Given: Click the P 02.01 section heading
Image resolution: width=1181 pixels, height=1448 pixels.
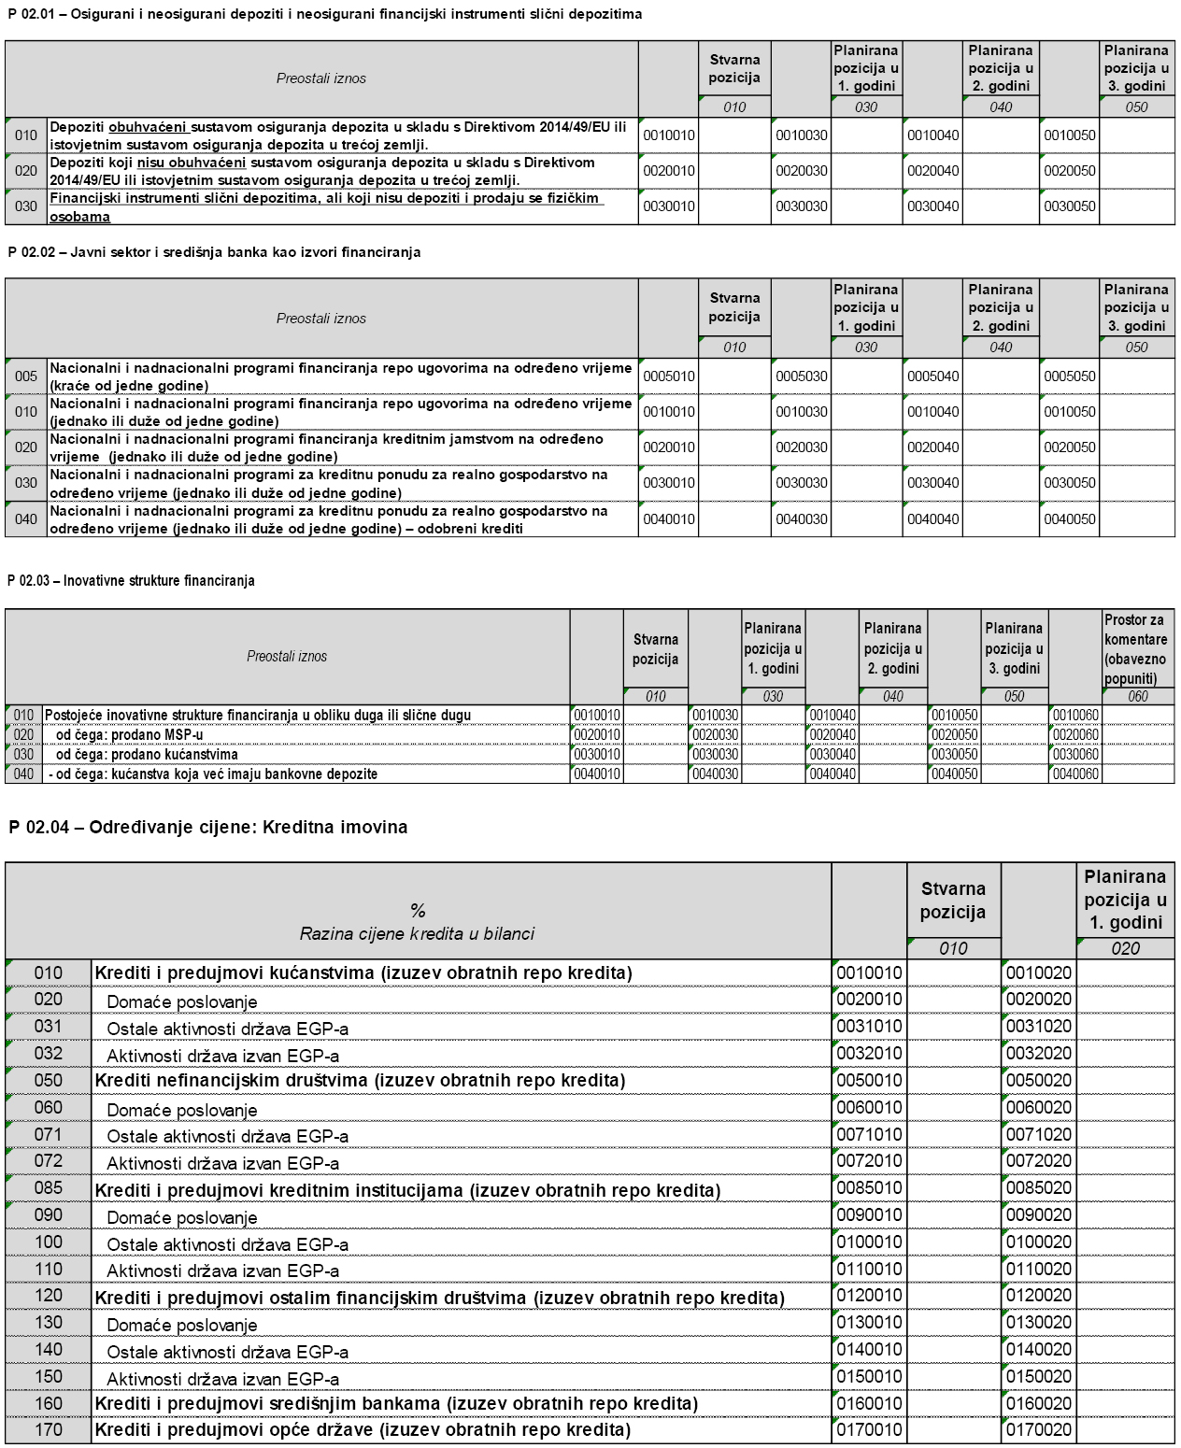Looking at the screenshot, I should coord(324,14).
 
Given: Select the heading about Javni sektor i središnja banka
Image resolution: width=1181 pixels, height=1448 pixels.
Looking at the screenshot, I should coord(214,252).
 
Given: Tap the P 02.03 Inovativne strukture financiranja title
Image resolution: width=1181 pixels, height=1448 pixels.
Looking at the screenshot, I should coord(131,580).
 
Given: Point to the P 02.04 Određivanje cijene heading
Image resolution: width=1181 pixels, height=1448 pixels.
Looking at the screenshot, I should coord(207,827).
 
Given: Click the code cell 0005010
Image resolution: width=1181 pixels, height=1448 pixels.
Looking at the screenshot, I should coord(669,376).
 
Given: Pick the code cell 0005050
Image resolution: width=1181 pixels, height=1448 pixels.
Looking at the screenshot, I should coord(1070,376).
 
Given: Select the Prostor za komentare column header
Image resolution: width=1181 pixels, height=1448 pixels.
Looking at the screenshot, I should coord(1135,649).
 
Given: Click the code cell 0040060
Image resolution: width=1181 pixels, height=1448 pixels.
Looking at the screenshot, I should coord(1075,774).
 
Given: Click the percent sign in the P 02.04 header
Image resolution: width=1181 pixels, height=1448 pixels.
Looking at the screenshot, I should coord(418,911).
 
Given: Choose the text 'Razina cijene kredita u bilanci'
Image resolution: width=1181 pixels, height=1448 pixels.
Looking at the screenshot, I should coord(418,933).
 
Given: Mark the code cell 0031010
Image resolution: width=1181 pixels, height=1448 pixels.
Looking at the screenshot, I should coord(869,1027).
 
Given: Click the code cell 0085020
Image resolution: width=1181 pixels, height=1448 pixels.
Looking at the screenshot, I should coord(1039,1188).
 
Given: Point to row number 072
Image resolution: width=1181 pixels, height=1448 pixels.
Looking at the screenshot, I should coord(49,1161).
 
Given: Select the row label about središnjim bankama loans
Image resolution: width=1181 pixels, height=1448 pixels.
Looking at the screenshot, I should coord(396,1403).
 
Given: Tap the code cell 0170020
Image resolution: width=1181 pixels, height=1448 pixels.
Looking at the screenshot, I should coord(1039,1430).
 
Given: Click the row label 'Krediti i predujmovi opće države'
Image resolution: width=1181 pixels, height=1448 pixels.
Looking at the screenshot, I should coord(363,1430).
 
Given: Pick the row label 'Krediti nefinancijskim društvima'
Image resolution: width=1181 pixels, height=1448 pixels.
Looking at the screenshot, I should coord(360,1081).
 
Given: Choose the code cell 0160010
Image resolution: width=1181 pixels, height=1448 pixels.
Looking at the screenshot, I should coord(869,1403).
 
